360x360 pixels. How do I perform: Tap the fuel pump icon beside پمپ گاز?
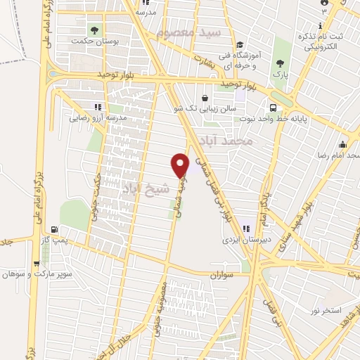54,229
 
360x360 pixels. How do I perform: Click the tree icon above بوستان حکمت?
94,30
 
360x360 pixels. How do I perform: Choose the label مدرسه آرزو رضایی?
98,119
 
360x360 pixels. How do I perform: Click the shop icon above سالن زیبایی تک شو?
205,98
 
